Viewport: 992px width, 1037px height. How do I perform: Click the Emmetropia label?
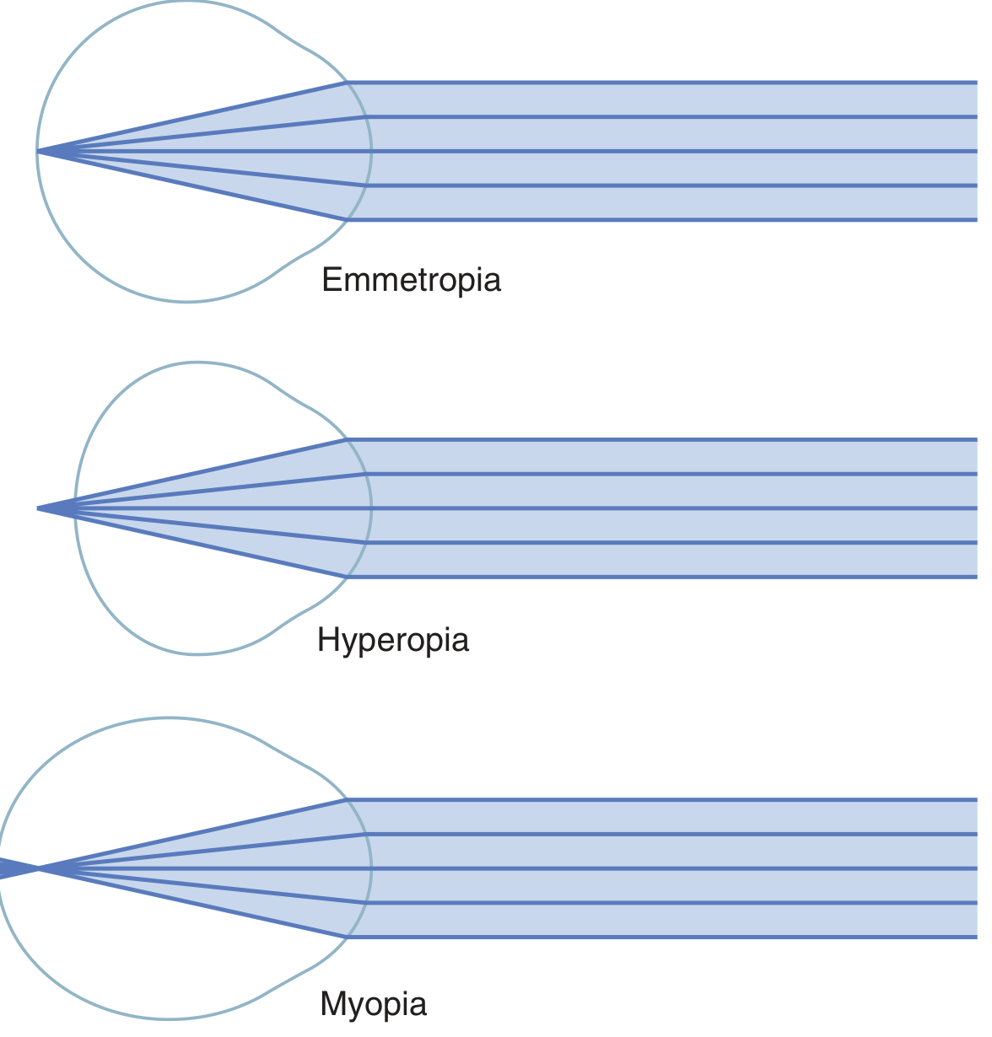(411, 280)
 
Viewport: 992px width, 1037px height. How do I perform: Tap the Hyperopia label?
(392, 641)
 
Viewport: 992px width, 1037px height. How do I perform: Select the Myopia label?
(373, 1004)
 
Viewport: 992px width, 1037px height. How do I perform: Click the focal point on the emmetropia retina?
(38, 152)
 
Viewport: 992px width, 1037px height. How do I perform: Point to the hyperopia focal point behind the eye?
(39, 508)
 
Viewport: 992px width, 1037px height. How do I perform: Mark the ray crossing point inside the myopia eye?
(39, 868)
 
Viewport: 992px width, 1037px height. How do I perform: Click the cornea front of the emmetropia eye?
(371, 152)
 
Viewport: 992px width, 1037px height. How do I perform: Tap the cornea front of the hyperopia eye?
(371, 508)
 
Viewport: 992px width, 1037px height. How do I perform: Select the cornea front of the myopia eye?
(371, 868)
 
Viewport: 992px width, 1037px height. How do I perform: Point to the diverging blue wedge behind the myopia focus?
(12, 868)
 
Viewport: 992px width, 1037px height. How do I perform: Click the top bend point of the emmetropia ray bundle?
(347, 83)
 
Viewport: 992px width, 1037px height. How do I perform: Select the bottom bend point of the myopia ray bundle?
(347, 937)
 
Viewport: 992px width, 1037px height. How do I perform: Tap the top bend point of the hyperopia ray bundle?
(347, 439)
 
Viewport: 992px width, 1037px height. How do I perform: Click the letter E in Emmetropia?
(331, 280)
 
